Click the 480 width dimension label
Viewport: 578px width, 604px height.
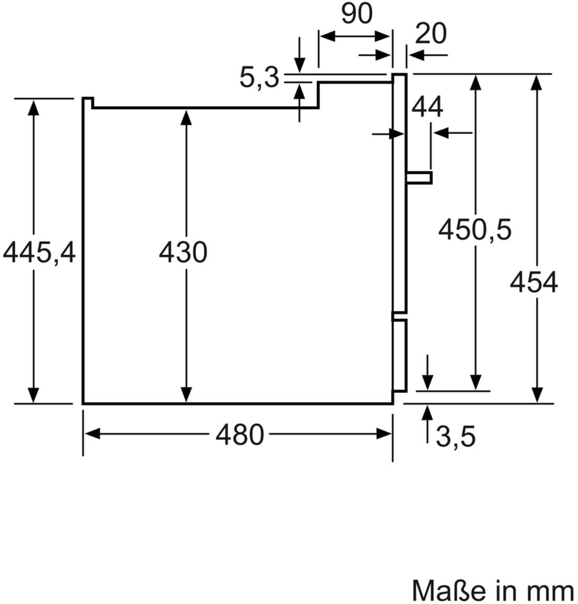pos(239,435)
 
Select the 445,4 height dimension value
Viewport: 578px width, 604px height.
pos(40,253)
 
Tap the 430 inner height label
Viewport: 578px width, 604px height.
pos(183,253)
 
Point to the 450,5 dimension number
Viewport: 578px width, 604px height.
pos(474,229)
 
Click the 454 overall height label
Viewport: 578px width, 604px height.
pos(534,284)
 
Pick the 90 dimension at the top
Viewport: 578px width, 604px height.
pos(357,15)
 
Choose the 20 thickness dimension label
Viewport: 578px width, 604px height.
pos(430,34)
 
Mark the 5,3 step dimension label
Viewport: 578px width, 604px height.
pos(259,78)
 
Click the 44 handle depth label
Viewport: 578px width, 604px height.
pos(427,107)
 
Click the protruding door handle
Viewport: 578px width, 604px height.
pos(420,177)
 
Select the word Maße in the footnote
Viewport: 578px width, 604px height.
pos(443,590)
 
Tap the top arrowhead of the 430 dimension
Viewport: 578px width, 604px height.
pos(186,117)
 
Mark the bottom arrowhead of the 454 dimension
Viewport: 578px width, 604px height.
pos(537,396)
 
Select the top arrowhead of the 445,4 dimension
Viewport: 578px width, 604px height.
pos(33,107)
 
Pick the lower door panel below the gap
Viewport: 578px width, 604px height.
pos(400,355)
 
